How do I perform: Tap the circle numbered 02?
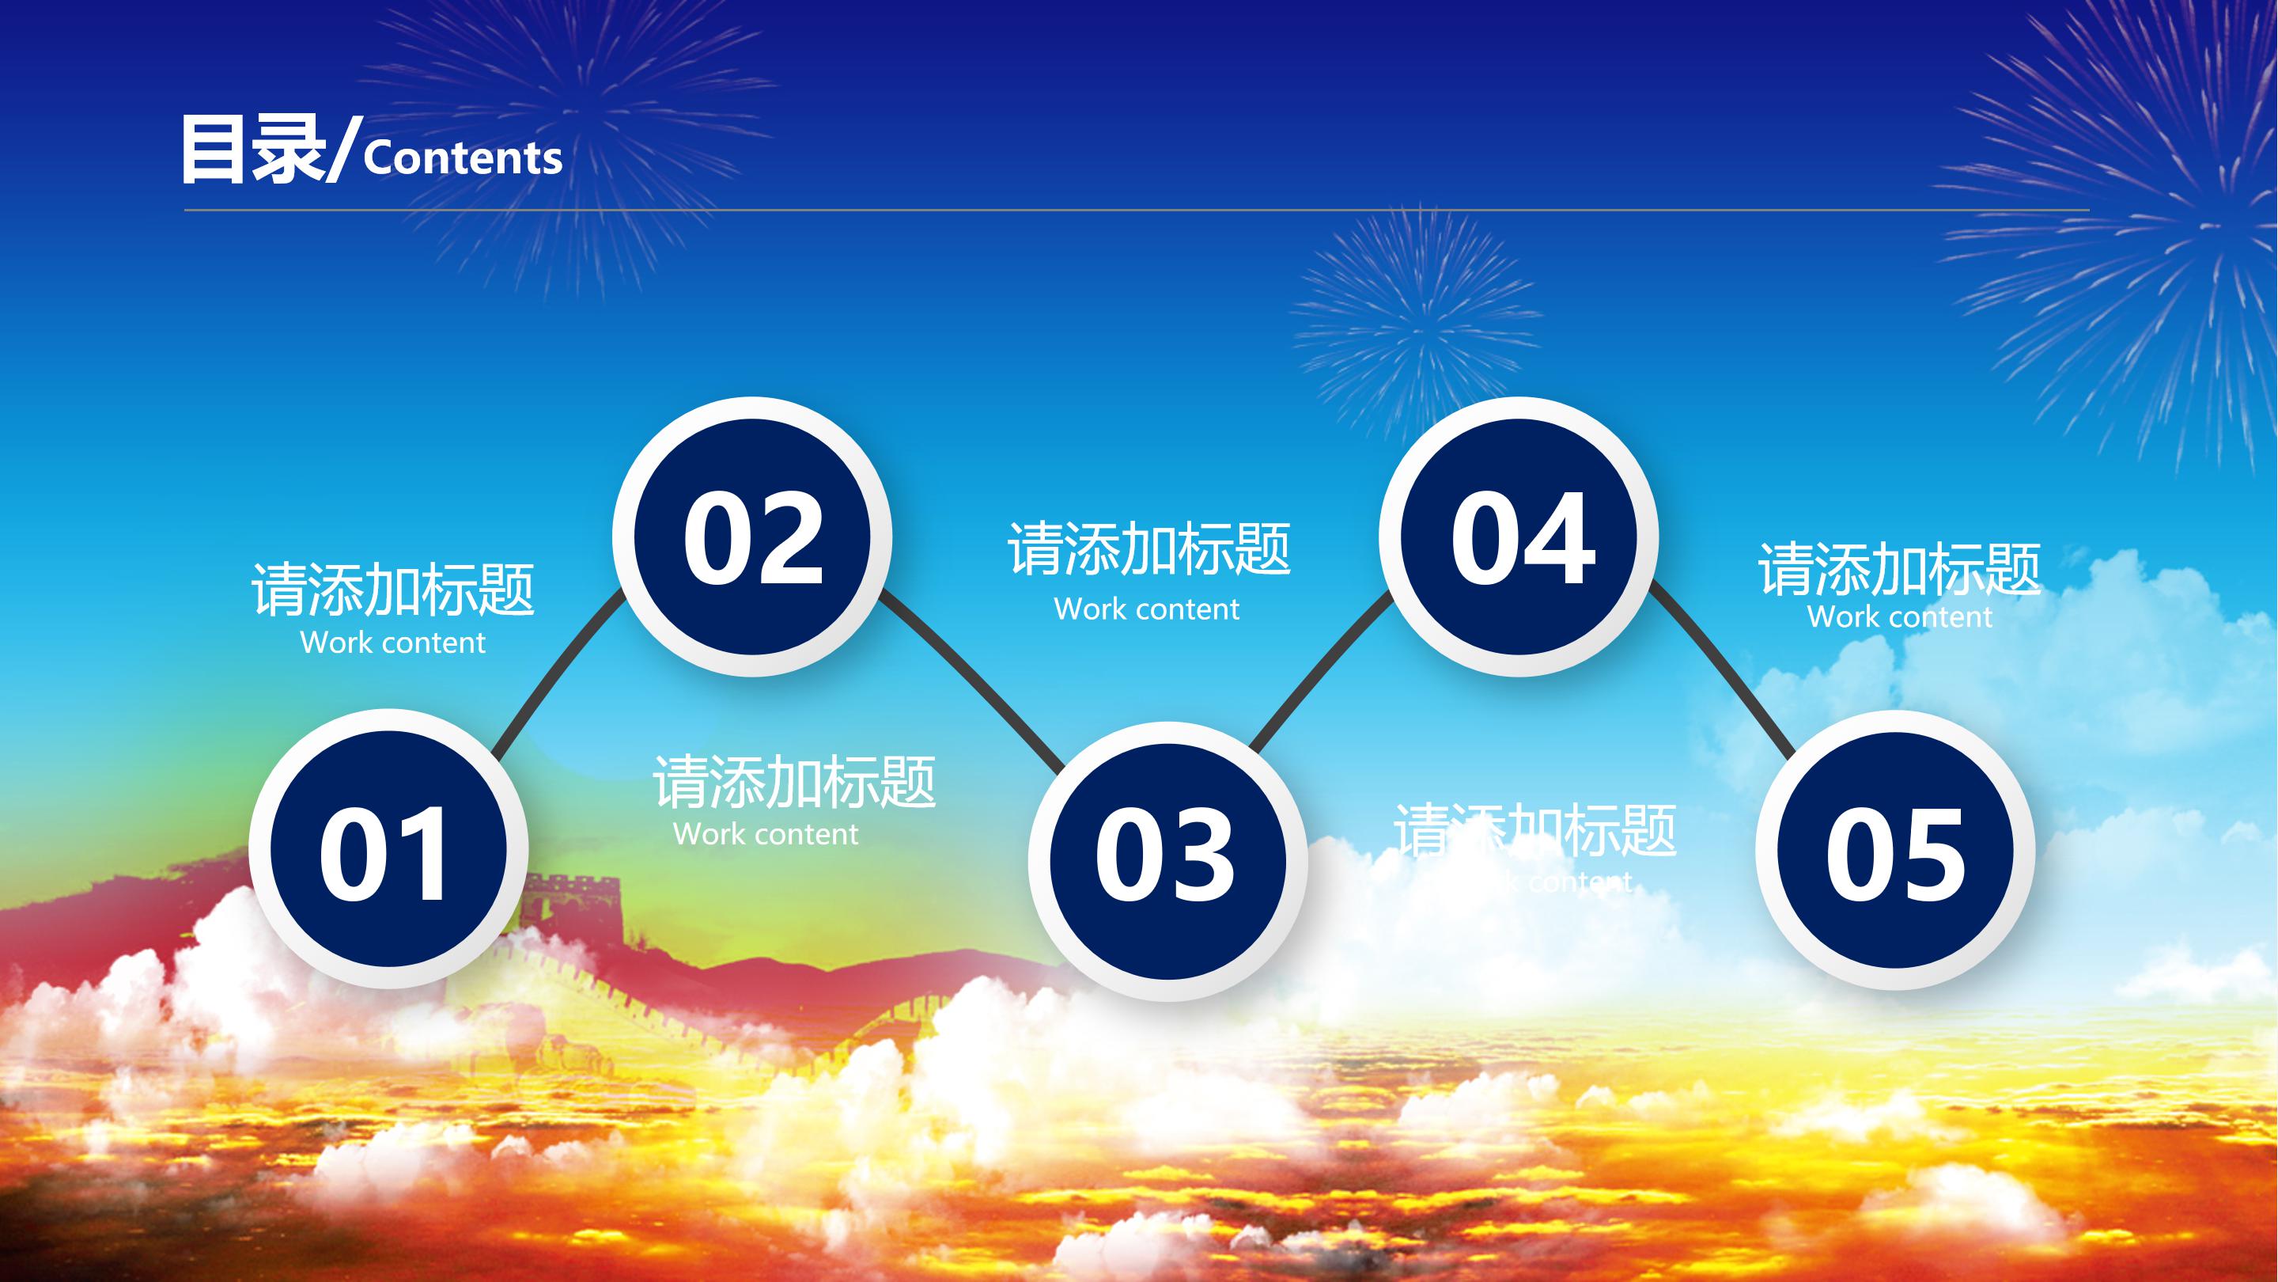pyautogui.click(x=751, y=537)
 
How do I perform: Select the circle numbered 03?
pyautogui.click(x=1167, y=860)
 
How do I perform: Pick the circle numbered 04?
pyautogui.click(x=1519, y=537)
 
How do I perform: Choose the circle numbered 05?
pyautogui.click(x=1895, y=852)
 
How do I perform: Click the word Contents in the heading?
pyautogui.click(x=463, y=158)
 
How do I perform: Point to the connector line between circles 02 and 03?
pyautogui.click(x=973, y=681)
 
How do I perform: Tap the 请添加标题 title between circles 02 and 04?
pyautogui.click(x=1148, y=548)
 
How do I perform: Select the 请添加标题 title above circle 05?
pyautogui.click(x=1898, y=569)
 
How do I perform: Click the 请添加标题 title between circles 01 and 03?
pyautogui.click(x=794, y=781)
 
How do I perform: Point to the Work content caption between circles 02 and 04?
pyautogui.click(x=1146, y=609)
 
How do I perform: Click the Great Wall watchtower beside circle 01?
pyautogui.click(x=575, y=902)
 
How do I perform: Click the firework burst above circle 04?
pyautogui.click(x=1415, y=328)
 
